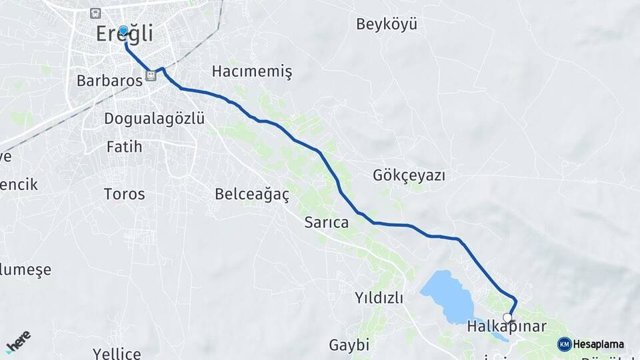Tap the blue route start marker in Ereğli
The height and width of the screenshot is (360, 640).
pos(123,30)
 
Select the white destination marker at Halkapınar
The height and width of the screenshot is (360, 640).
pos(508,317)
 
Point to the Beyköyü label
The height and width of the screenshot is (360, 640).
pos(387,25)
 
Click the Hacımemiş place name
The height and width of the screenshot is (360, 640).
pos(252,71)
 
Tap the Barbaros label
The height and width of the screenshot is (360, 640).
pos(109,81)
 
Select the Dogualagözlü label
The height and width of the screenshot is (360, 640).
pos(154,119)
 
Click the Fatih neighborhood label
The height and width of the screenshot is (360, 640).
pos(124,147)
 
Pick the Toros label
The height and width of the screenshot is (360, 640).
pos(124,194)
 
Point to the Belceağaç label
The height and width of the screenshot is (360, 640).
pos(252,194)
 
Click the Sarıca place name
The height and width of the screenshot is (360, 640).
pos(326,223)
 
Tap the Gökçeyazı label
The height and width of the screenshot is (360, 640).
pos(409,176)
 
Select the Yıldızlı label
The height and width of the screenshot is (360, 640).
pos(379,298)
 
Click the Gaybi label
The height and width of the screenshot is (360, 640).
pos(349,345)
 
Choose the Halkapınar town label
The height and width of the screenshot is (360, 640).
pos(507,327)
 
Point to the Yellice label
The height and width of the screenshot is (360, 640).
pos(117,353)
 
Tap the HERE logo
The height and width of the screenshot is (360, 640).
pos(18,341)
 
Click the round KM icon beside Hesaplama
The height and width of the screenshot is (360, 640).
pos(564,344)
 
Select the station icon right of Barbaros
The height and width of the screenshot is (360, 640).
pos(151,76)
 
